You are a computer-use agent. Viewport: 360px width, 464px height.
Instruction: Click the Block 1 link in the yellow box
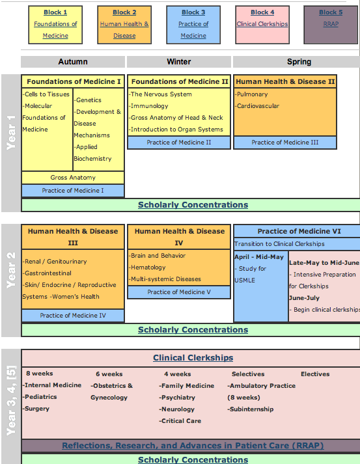(x=55, y=12)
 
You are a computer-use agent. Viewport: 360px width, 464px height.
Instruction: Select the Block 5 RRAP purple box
(x=331, y=25)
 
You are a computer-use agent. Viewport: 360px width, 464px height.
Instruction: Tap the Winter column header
(x=179, y=62)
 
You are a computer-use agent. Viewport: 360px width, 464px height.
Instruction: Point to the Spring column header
(x=299, y=62)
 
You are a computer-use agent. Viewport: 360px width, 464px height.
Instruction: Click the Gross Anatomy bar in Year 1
(x=73, y=178)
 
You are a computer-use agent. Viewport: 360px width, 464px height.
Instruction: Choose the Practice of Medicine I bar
(x=73, y=191)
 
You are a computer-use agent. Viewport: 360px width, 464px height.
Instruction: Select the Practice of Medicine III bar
(x=285, y=143)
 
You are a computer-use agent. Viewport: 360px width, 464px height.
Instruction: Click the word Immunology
(x=150, y=106)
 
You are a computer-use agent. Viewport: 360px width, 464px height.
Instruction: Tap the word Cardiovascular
(x=258, y=106)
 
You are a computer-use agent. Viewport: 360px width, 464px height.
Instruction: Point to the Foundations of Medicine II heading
(x=180, y=81)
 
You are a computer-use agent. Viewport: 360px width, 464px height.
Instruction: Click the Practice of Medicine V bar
(x=179, y=292)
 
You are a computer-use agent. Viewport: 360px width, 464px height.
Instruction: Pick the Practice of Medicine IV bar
(x=73, y=316)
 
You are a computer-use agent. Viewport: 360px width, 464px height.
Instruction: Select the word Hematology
(x=148, y=267)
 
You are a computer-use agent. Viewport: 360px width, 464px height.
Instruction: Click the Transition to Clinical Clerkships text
(x=279, y=244)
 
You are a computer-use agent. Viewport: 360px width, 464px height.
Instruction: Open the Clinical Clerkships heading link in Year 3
(x=193, y=358)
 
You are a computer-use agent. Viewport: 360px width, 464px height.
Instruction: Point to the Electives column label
(x=315, y=374)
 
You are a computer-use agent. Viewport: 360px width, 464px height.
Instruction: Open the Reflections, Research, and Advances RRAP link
(x=193, y=446)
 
